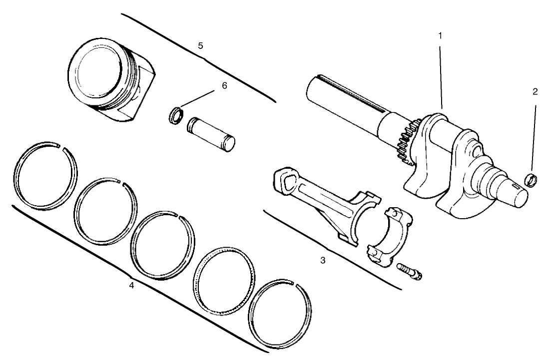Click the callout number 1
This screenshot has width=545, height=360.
click(440, 36)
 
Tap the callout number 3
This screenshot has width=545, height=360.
click(323, 260)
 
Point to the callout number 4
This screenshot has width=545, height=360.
click(131, 286)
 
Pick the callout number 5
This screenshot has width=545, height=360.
click(200, 45)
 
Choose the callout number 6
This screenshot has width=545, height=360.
click(224, 85)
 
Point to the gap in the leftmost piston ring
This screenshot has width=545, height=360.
click(59, 146)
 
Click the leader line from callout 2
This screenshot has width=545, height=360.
click(533, 135)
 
